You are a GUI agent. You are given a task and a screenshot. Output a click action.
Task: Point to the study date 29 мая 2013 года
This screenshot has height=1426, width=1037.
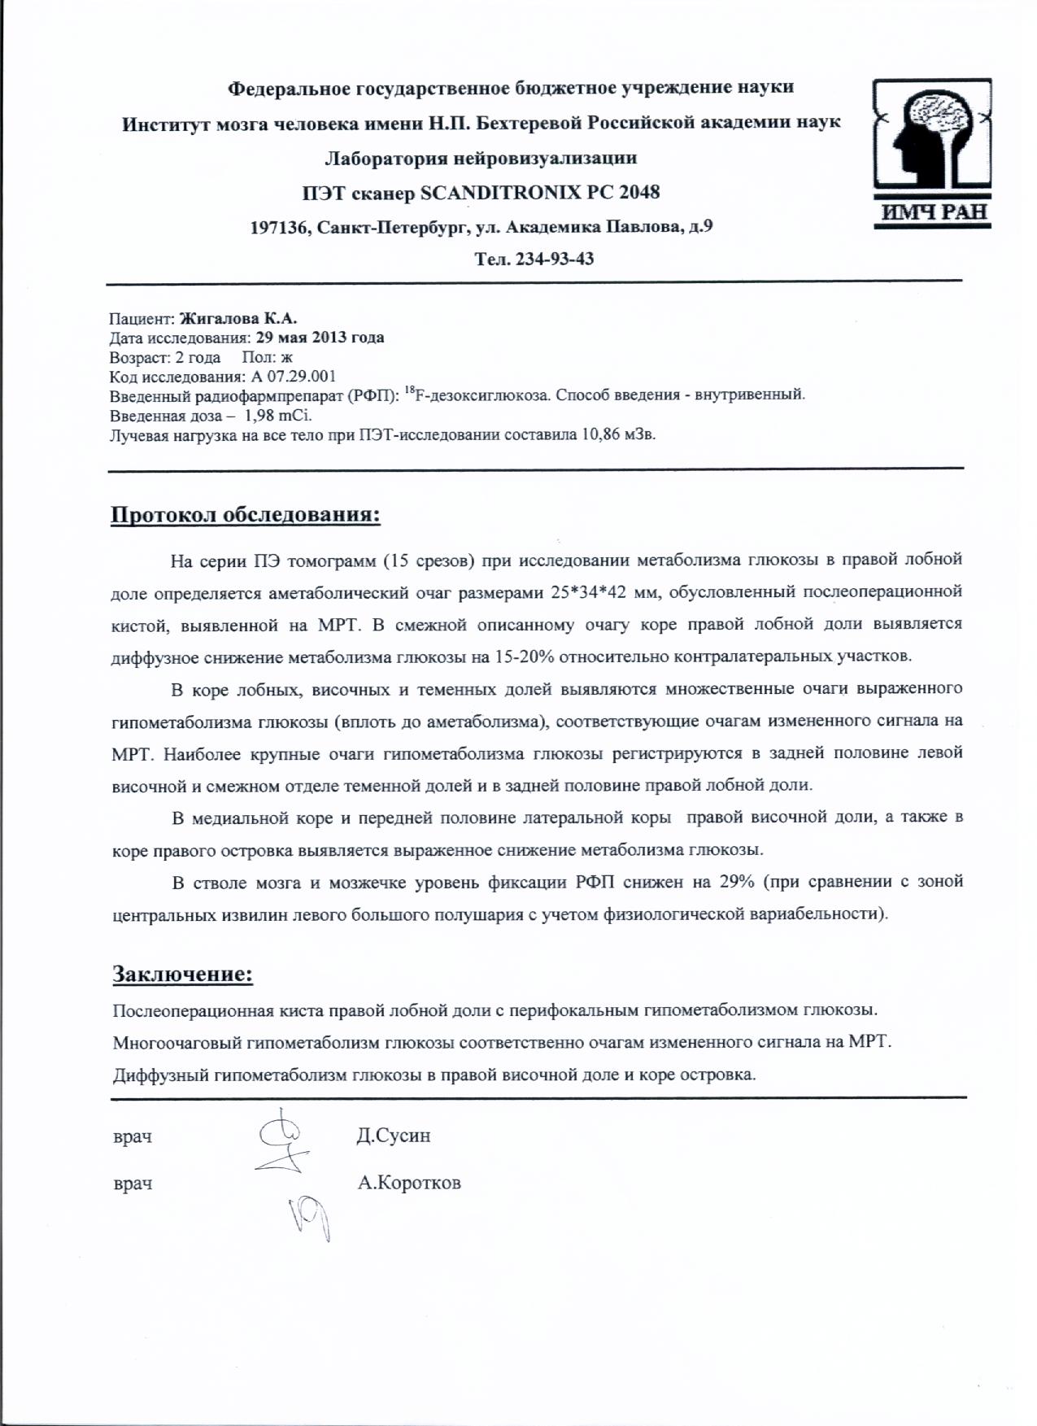320,338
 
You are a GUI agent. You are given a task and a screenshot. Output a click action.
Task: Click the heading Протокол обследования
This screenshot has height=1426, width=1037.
246,516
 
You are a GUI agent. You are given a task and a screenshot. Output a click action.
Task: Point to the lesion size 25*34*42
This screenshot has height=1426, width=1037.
593,592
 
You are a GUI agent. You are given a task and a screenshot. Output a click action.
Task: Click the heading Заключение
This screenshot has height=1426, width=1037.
182,975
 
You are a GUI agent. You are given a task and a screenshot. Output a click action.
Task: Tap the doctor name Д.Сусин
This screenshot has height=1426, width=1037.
394,1136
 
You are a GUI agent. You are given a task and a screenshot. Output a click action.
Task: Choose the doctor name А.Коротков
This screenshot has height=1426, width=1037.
409,1183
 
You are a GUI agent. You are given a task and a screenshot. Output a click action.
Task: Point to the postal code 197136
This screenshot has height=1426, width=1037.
278,228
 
